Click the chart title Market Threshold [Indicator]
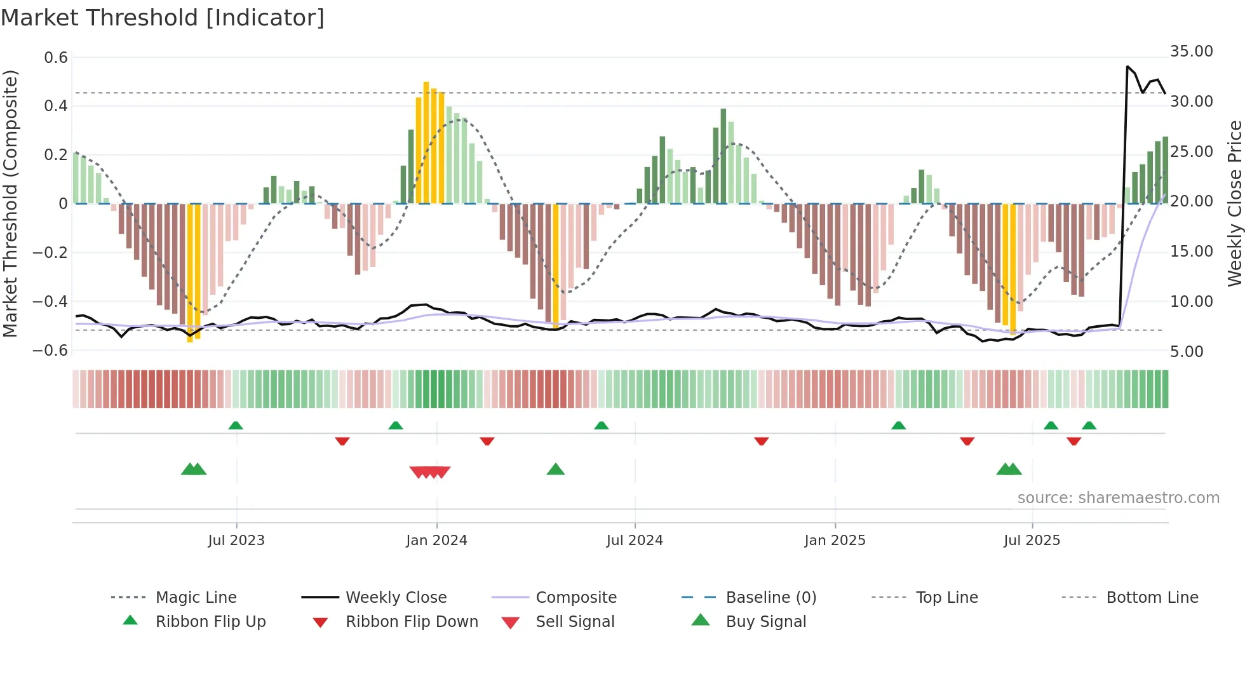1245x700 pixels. pyautogui.click(x=163, y=18)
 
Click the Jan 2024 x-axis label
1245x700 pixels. pyautogui.click(x=436, y=541)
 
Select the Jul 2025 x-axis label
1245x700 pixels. pyautogui.click(x=1032, y=541)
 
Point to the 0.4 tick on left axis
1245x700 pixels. pyautogui.click(x=56, y=106)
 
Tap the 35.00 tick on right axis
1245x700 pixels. pyautogui.click(x=1191, y=51)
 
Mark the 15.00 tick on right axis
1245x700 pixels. pyautogui.click(x=1191, y=252)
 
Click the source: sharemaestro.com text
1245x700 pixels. pyautogui.click(x=1118, y=498)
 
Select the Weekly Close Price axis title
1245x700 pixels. pyautogui.click(x=1234, y=203)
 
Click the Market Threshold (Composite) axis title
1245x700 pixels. pyautogui.click(x=10, y=203)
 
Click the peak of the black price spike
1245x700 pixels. pyautogui.click(x=1127, y=66)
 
